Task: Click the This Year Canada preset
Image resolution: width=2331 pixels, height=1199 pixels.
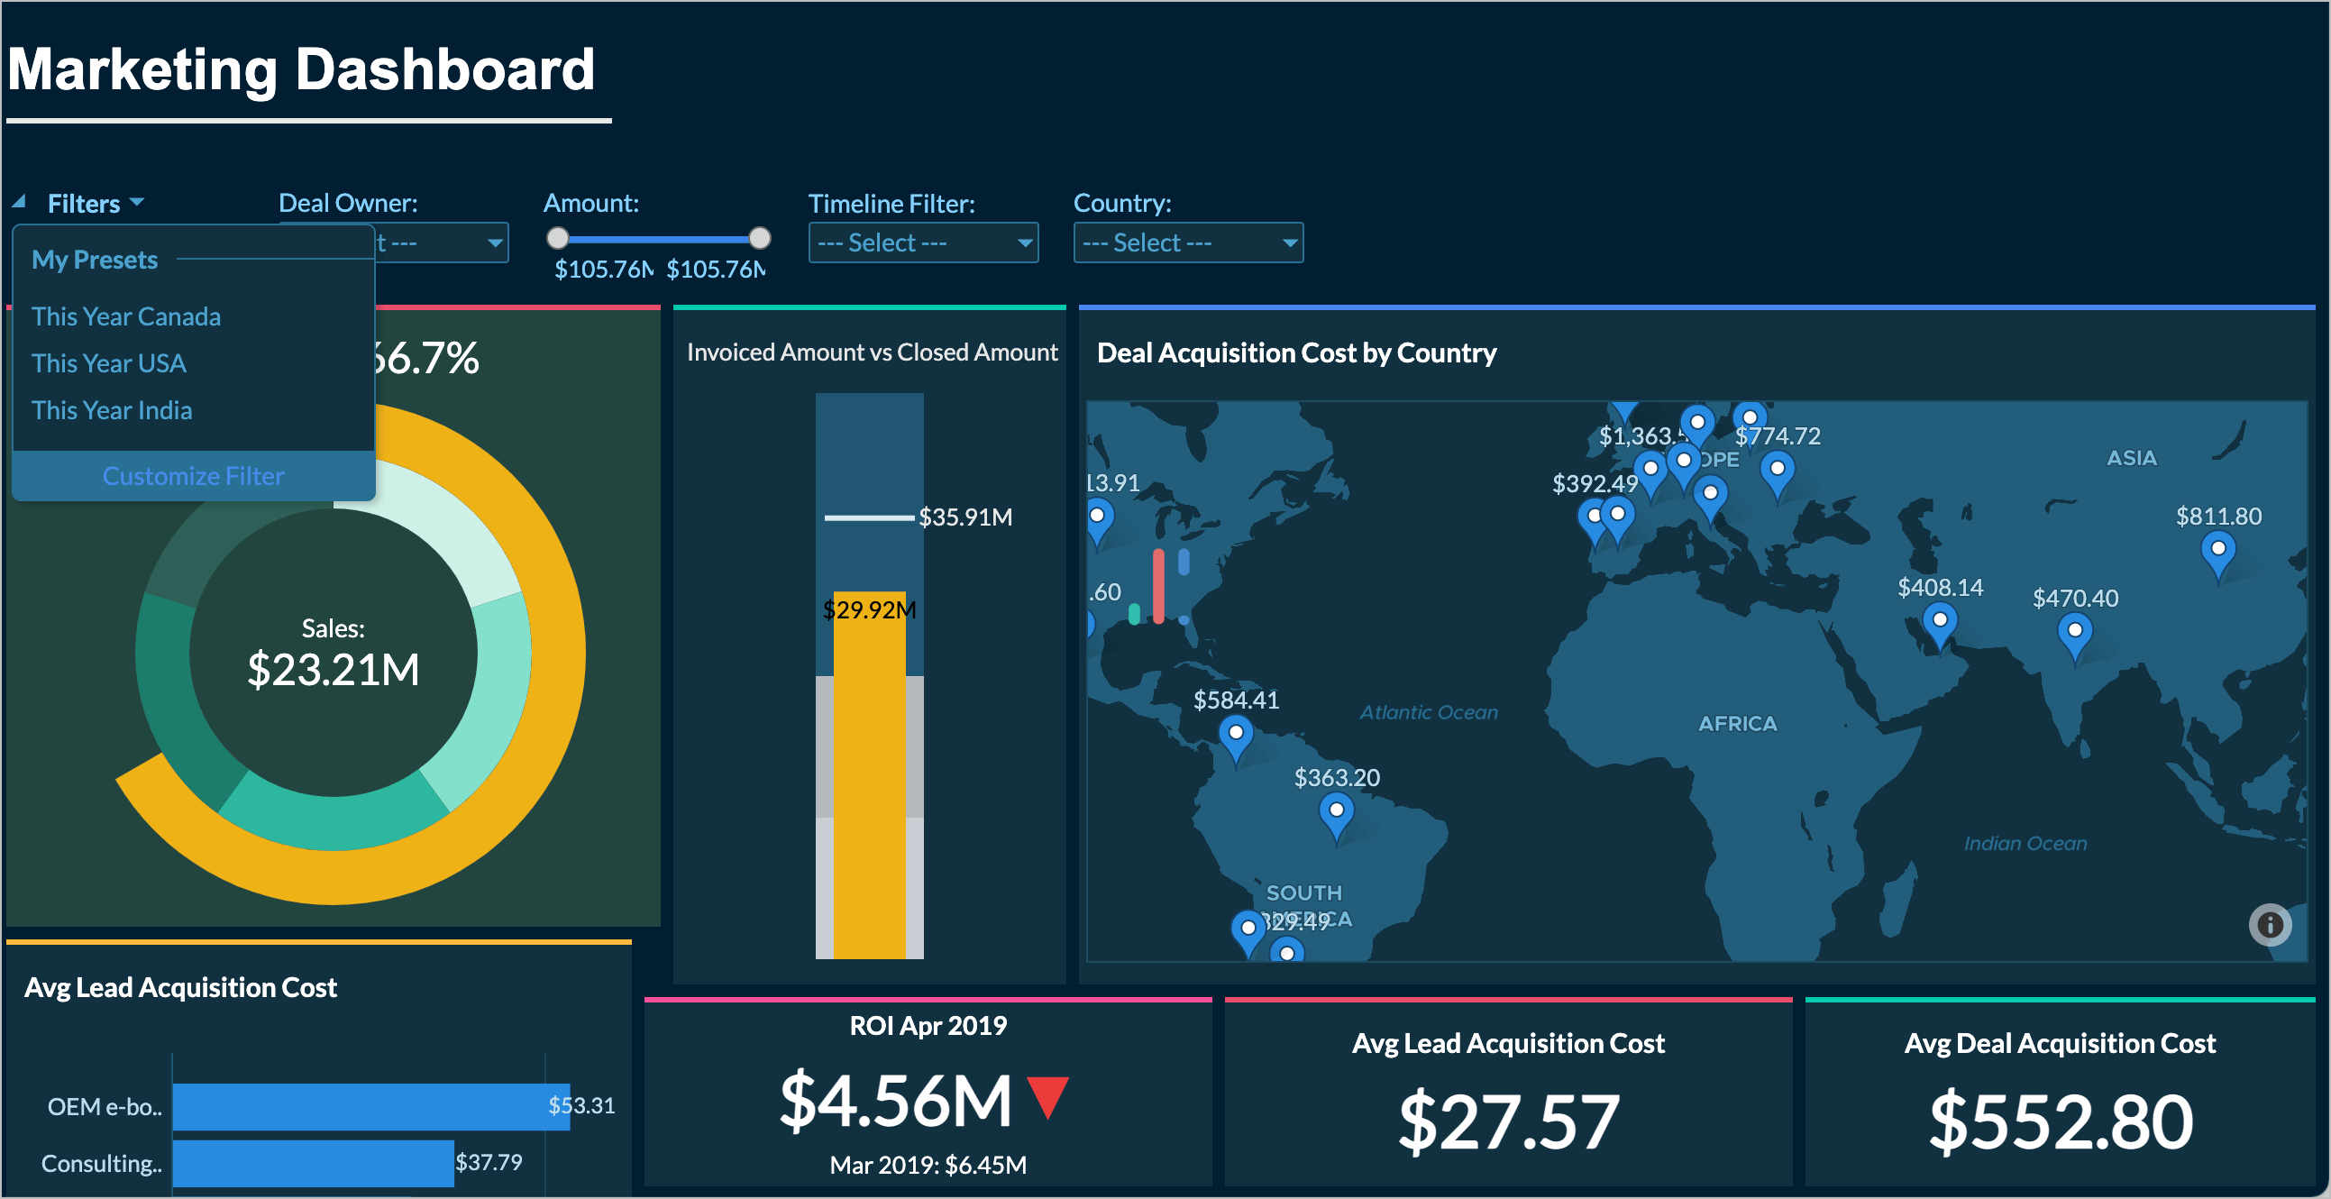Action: (x=126, y=316)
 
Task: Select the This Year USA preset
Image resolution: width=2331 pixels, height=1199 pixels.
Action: (x=108, y=364)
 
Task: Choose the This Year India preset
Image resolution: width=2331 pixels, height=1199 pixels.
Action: (x=111, y=411)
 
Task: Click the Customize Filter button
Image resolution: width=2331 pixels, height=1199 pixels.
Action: (x=193, y=476)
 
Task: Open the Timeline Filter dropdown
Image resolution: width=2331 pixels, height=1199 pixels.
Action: (x=923, y=243)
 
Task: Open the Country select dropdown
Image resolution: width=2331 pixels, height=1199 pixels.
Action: (x=1187, y=243)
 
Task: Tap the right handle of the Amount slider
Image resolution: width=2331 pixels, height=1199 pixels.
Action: (x=760, y=238)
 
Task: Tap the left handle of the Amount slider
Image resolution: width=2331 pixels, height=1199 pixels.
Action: (x=558, y=238)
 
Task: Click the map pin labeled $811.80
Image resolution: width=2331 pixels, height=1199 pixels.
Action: (x=2218, y=551)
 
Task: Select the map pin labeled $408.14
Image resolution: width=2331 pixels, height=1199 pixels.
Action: (x=1939, y=624)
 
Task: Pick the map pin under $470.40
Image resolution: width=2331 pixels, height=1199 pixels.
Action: (x=2075, y=632)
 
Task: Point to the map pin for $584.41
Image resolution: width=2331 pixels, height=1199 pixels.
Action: (x=1235, y=734)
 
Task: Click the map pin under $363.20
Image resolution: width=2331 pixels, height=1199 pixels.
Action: (x=1336, y=812)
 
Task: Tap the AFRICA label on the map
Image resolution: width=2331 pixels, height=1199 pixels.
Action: (x=1737, y=724)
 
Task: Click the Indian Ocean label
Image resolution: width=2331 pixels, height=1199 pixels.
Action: (x=2025, y=844)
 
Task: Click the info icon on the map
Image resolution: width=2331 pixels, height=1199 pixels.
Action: (x=2270, y=925)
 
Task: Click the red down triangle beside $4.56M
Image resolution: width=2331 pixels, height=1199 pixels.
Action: (x=1048, y=1095)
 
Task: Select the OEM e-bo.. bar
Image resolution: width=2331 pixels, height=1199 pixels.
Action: (x=371, y=1106)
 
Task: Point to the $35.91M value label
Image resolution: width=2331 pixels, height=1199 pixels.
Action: (x=965, y=517)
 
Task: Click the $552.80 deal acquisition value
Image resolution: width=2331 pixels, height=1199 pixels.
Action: (x=2061, y=1123)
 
